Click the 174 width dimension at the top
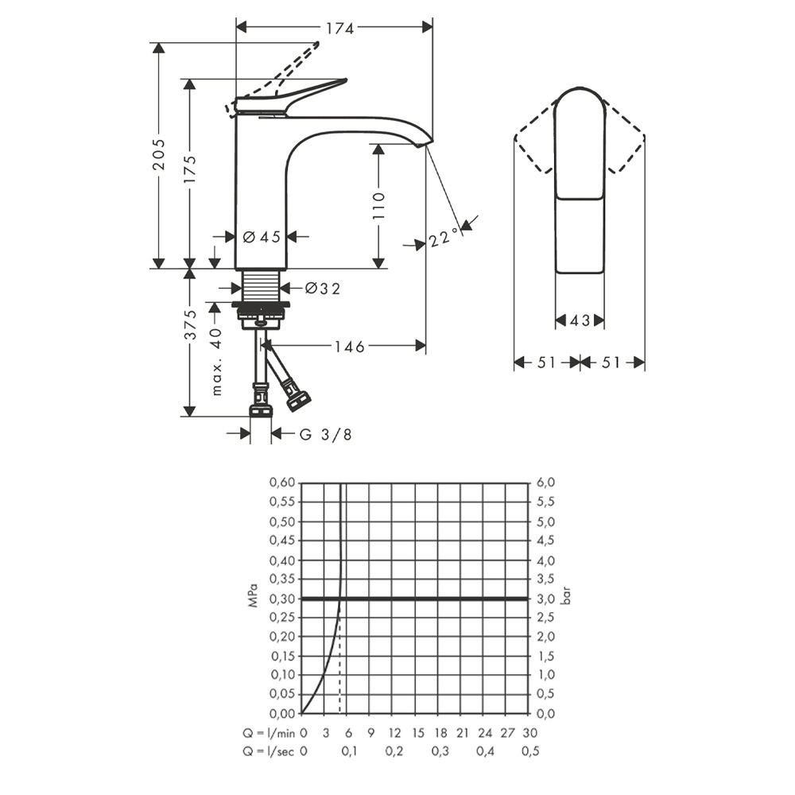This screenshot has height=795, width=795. coord(339,29)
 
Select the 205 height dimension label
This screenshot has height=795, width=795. coord(159,154)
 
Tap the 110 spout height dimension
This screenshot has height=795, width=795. coord(378,205)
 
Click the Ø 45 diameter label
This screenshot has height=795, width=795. coord(262,237)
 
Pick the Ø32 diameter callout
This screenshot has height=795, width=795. coord(323,289)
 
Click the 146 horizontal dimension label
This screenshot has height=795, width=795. coord(349,347)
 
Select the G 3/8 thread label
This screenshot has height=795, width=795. coord(325,435)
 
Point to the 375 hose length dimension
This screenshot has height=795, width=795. coord(189,324)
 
